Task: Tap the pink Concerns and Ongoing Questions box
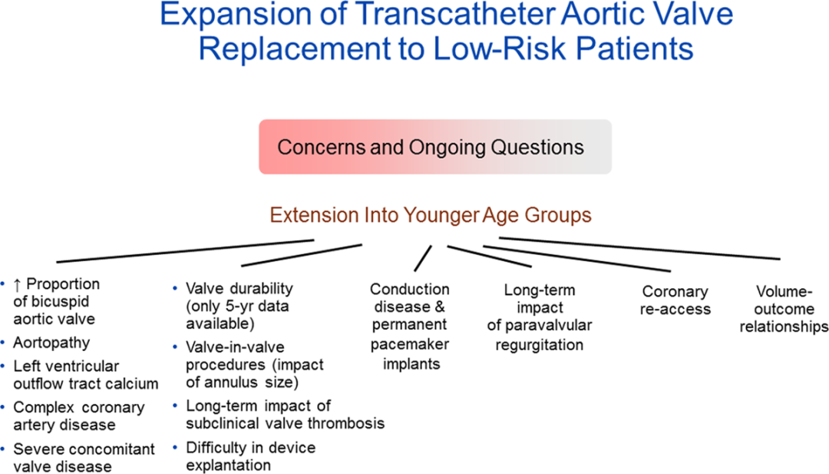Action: pos(435,147)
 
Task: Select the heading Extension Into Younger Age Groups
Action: pos(431,215)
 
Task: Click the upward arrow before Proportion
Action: pos(18,285)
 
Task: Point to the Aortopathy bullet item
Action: pos(52,343)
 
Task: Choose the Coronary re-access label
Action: pos(675,300)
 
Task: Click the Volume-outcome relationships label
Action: pos(784,309)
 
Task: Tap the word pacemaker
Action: pos(410,344)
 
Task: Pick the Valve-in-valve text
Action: pos(236,347)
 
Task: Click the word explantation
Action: pos(229,466)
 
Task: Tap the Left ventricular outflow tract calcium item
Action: pos(86,375)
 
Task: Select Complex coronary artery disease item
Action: pos(79,416)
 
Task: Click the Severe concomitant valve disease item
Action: pos(84,458)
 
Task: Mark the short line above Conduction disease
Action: pos(423,258)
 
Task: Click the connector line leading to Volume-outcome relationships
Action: pos(639,249)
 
